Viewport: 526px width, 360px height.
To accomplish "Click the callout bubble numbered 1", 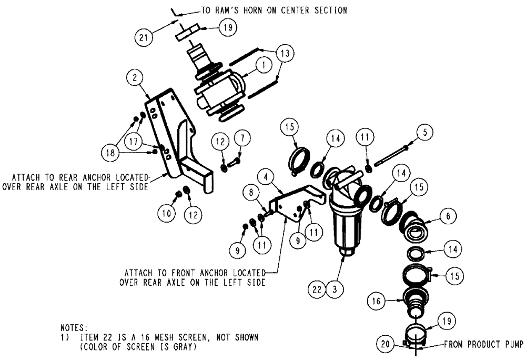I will pos(261,65).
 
